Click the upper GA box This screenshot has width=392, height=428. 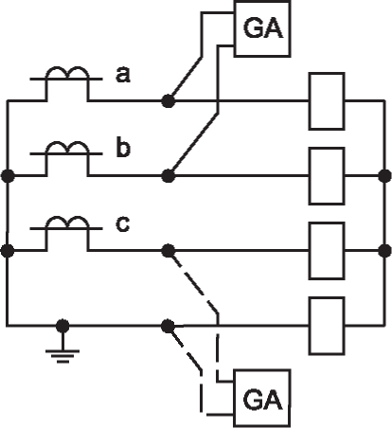[x=262, y=28]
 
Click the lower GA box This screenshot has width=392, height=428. [x=262, y=399]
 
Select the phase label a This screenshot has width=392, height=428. [x=123, y=75]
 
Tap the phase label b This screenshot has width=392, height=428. [x=123, y=148]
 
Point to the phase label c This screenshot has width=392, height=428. [x=122, y=223]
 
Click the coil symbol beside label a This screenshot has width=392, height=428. [x=67, y=73]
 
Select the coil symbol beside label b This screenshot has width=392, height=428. [x=67, y=148]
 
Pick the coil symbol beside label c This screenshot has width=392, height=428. [x=67, y=223]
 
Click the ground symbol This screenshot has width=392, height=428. [x=62, y=355]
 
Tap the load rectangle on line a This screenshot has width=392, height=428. [x=327, y=101]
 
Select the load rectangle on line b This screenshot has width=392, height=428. [x=327, y=176]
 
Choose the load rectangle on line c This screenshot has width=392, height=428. [x=327, y=251]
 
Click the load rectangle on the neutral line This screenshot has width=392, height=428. [x=327, y=326]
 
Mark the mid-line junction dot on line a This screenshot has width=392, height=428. [x=168, y=101]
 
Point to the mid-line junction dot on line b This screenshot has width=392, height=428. [x=168, y=176]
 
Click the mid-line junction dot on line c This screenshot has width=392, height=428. [x=168, y=251]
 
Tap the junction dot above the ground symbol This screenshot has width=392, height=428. [x=62, y=326]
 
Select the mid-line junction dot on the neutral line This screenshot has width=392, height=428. [x=168, y=326]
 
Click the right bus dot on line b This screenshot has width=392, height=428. [x=384, y=176]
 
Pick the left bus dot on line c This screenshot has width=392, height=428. [x=8, y=251]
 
